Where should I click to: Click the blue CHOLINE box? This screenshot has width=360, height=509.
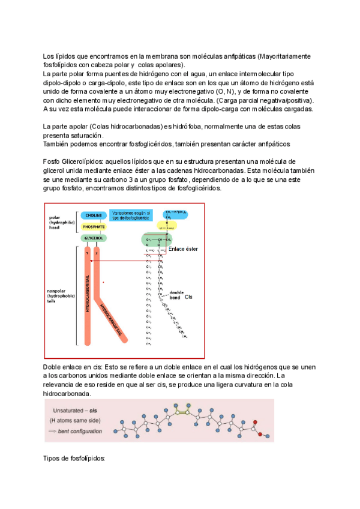point(93,214)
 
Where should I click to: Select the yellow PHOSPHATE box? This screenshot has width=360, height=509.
point(93,226)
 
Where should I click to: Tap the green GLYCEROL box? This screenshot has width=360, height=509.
point(93,238)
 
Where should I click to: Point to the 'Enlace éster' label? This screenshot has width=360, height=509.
point(183,248)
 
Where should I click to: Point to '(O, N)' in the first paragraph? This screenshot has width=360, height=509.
point(223,91)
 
